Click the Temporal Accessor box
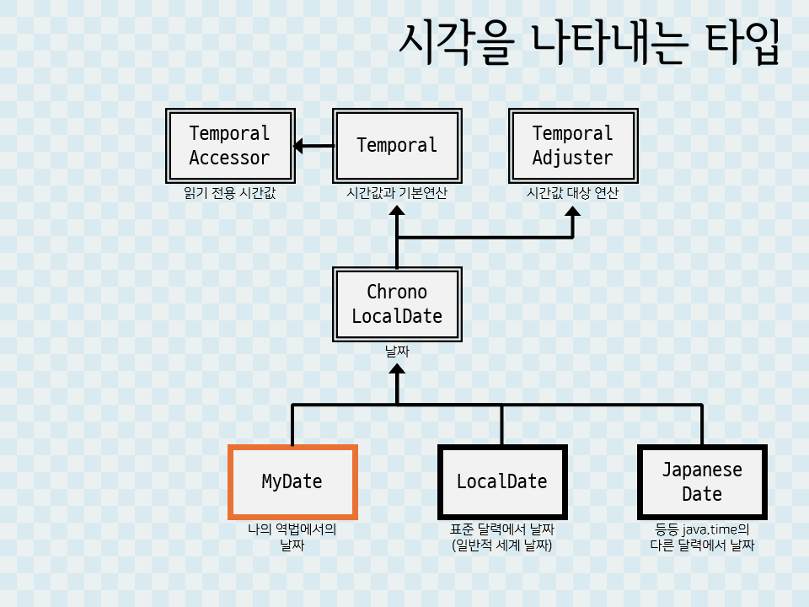coord(230,145)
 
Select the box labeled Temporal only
coord(397,145)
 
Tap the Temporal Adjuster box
coord(572,145)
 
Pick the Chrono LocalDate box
coord(397,303)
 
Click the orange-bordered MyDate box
coord(292,481)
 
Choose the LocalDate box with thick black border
coord(502,481)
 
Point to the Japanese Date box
coord(702,481)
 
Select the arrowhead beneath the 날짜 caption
coord(397,372)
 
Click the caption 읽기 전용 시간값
coord(230,193)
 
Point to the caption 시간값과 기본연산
coord(397,193)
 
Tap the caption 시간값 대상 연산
coord(572,193)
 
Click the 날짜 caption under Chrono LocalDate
coord(397,351)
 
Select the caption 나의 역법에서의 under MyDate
coord(292,530)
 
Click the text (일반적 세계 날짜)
coord(502,545)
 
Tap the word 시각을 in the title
coord(455,42)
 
